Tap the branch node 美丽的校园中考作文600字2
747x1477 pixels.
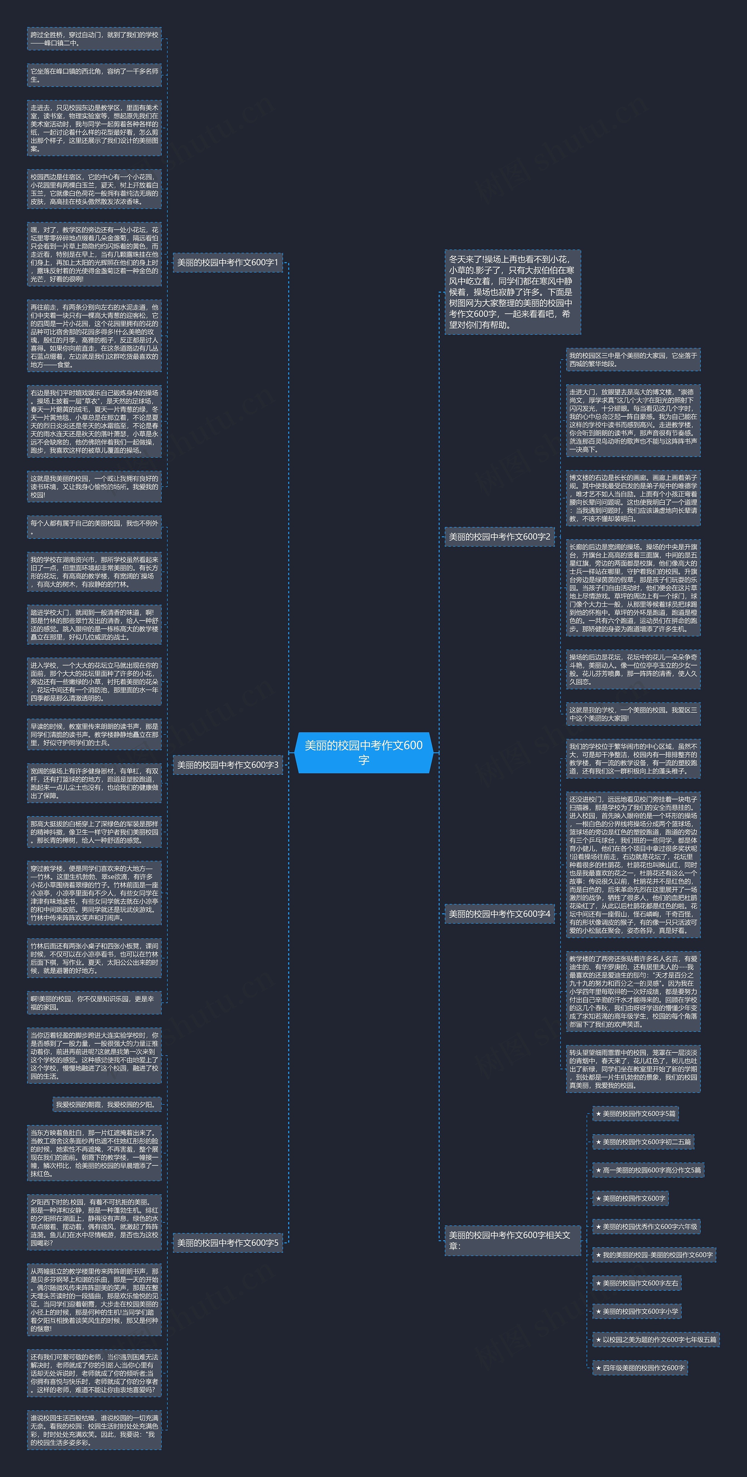pyautogui.click(x=499, y=537)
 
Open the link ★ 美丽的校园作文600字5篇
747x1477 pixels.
pyautogui.click(x=635, y=1113)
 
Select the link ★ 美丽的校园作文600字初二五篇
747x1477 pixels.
pyautogui.click(x=643, y=1142)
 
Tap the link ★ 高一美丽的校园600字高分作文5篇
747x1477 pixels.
pyautogui.click(x=648, y=1170)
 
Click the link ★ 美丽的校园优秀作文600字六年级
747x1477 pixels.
pyautogui.click(x=646, y=1227)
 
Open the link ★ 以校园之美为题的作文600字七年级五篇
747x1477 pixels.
pyautogui.click(x=655, y=1339)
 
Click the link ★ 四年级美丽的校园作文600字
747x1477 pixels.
pyautogui.click(x=640, y=1367)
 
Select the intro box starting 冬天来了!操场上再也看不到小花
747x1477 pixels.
pyautogui.click(x=512, y=292)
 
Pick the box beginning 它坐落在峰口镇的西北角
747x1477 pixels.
pyautogui.click(x=94, y=75)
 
